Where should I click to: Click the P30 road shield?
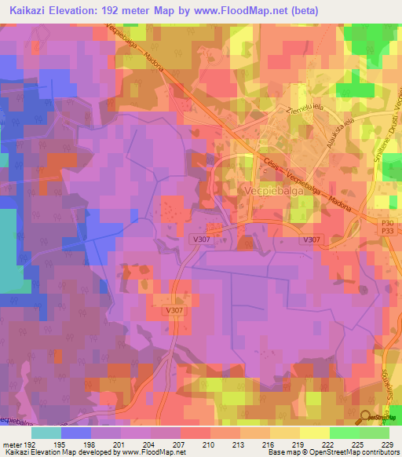(386, 223)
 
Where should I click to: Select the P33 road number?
(386, 232)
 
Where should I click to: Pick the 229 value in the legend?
(388, 444)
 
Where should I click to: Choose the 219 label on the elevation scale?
(299, 444)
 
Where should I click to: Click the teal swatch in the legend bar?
(46, 433)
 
